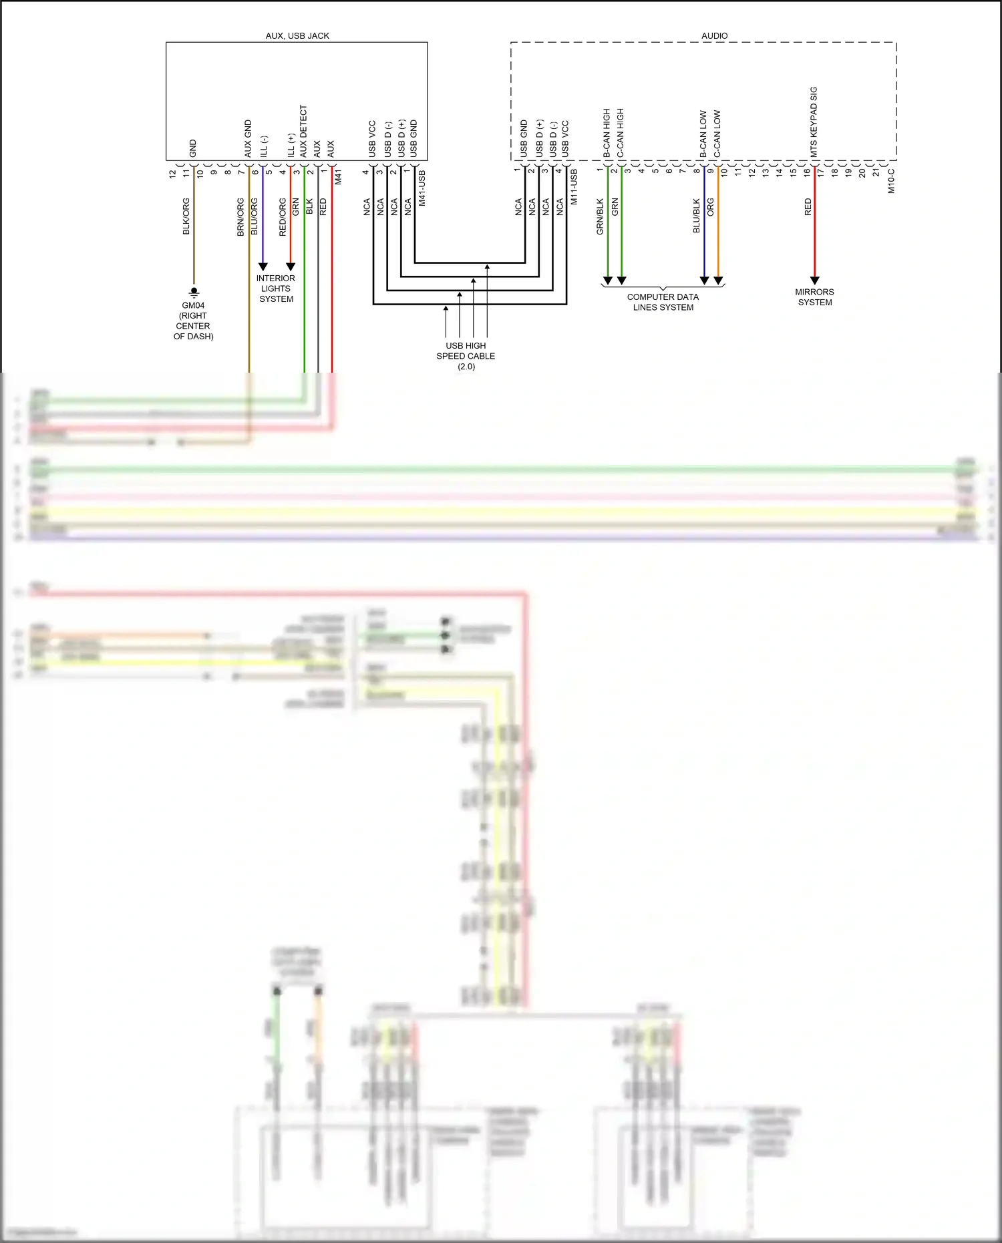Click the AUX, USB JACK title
pos(297,36)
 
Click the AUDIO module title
pos(714,36)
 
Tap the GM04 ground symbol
pos(194,292)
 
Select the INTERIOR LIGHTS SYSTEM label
pos(276,289)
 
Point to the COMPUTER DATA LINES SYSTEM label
pos(663,302)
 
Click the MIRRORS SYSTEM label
pos(814,297)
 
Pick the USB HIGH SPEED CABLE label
pos(466,356)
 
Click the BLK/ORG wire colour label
pos(186,216)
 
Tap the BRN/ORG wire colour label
pos(240,216)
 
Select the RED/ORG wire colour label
pos(283,216)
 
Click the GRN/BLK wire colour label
pos(600,216)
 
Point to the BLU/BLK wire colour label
pos(697,216)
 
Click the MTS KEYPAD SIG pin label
pos(814,122)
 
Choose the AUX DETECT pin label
pos(303,131)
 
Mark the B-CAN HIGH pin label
pos(607,133)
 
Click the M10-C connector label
pos(891,180)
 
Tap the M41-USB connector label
pos(422,188)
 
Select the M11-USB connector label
pos(574,186)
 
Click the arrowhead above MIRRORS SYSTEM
pos(814,281)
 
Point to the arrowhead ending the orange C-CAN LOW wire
pos(718,281)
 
